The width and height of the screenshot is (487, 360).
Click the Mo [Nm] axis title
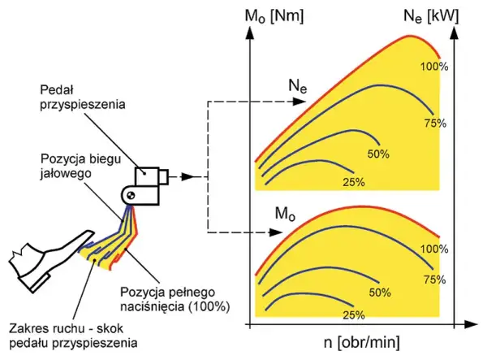coord(274,16)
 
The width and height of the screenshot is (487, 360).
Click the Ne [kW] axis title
coord(431,16)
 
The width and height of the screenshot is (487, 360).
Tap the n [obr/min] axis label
coord(362,343)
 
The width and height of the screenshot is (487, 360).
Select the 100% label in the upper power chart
coord(434,67)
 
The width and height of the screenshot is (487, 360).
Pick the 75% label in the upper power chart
coord(435,124)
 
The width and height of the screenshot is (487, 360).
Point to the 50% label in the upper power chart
coord(378,154)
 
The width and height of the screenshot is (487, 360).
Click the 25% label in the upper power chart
coord(354,182)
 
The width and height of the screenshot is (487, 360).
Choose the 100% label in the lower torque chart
coord(434,249)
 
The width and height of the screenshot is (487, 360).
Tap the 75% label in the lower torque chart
coord(435,280)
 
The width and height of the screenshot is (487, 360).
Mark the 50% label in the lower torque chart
coord(380,293)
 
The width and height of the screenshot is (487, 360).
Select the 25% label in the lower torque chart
coord(354,315)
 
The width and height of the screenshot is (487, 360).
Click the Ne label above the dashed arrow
coord(298,86)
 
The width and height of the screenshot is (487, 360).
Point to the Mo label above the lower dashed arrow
coord(285,214)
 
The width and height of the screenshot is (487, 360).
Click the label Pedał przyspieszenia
coord(83,98)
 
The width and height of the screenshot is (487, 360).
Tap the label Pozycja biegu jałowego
coord(80,167)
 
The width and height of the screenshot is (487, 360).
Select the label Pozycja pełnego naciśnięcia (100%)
coord(175,299)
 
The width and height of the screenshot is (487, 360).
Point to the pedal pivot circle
coord(130,195)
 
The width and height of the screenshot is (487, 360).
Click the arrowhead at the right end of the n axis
coord(471,325)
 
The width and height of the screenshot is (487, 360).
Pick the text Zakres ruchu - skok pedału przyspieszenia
coord(73,336)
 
